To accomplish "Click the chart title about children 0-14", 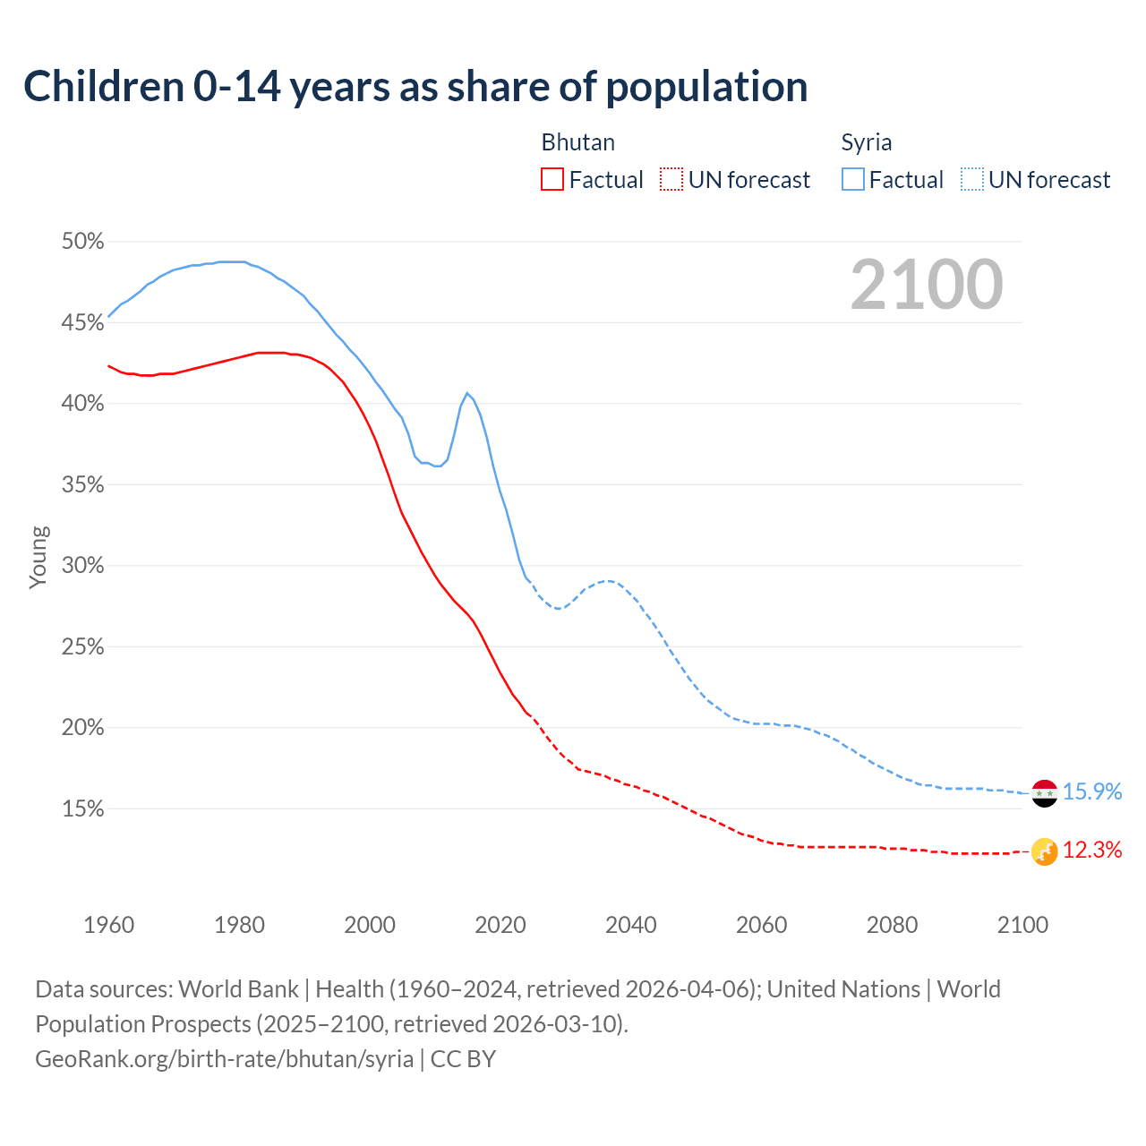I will (415, 87).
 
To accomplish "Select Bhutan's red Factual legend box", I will (552, 179).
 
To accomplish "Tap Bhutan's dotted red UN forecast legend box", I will (671, 179).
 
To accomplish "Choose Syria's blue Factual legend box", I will (853, 179).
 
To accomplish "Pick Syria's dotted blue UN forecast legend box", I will (972, 179).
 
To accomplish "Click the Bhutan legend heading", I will (577, 142).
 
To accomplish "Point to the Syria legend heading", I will (866, 142).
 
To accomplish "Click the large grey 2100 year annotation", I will (927, 285).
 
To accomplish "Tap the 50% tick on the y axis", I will (82, 242).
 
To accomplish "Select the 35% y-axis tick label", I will (82, 485).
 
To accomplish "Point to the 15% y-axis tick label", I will (82, 809).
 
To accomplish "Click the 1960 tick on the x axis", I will (108, 924).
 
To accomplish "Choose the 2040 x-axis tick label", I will (631, 924).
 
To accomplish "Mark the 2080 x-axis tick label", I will (892, 924).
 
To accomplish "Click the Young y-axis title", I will (38, 557).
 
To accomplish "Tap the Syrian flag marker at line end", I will (1045, 793).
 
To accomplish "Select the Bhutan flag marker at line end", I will (1045, 851).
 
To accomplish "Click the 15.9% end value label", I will (1092, 792).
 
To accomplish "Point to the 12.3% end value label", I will (1092, 851).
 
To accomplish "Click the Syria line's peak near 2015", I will (466, 393).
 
